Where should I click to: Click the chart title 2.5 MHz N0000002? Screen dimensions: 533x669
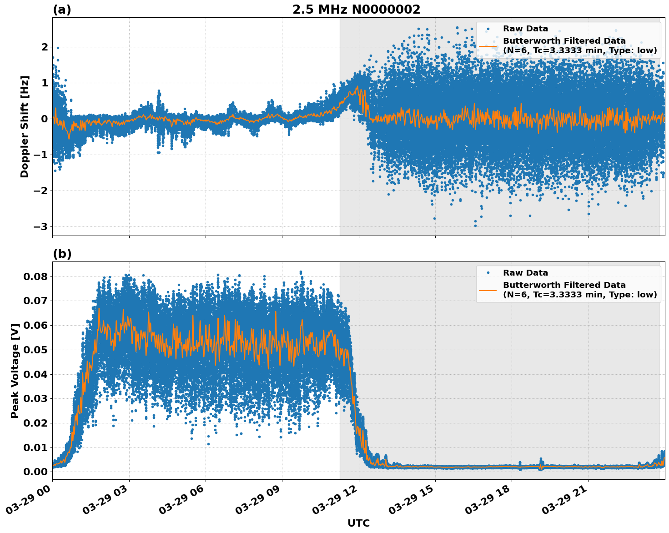pos(356,10)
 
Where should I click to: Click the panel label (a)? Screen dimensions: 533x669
pos(62,10)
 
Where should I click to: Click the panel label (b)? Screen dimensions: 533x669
pos(62,254)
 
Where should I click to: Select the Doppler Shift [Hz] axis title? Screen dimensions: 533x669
pos(25,126)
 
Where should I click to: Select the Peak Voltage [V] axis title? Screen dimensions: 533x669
pos(15,371)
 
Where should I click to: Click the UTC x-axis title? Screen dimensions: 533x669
pos(358,523)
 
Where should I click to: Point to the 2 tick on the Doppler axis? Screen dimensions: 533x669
pos(45,47)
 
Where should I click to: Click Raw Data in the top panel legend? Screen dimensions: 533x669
pos(525,29)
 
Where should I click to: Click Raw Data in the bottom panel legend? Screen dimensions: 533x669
pos(525,273)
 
